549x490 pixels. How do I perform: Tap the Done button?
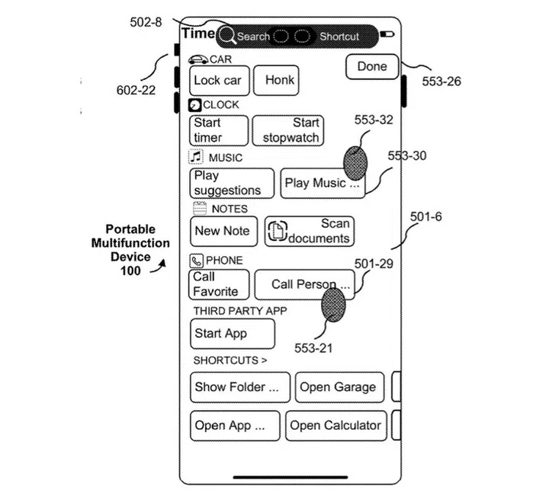point(372,67)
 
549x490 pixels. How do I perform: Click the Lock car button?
point(218,80)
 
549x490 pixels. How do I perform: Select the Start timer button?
point(218,130)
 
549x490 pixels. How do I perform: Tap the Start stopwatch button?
point(288,130)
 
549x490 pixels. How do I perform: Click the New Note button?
point(222,231)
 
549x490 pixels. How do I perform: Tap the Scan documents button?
point(310,231)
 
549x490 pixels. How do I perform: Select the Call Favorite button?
point(218,284)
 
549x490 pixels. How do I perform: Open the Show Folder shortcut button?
point(239,387)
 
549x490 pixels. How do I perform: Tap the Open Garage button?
point(338,387)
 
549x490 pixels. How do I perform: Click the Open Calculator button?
point(335,425)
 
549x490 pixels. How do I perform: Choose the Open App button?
point(234,425)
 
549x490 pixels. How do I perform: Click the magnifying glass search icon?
point(227,36)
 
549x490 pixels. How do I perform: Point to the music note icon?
point(196,157)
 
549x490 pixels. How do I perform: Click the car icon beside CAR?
point(197,59)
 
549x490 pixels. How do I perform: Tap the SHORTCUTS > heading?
point(230,360)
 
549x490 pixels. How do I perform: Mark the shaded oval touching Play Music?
point(355,164)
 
